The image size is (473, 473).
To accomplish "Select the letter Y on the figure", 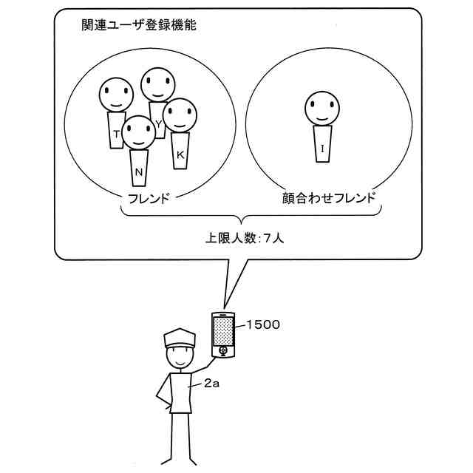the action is pyautogui.click(x=158, y=125).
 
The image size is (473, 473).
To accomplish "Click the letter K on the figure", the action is pyautogui.click(x=180, y=154).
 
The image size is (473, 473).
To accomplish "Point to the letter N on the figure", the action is pyautogui.click(x=138, y=174).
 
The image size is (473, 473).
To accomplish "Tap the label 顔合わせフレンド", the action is pyautogui.click(x=330, y=198).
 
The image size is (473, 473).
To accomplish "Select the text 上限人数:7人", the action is pyautogui.click(x=239, y=239).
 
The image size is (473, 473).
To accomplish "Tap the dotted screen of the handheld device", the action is pyautogui.click(x=223, y=330).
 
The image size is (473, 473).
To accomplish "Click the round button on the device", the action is pyautogui.click(x=223, y=350).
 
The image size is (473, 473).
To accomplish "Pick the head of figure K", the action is pyautogui.click(x=179, y=115).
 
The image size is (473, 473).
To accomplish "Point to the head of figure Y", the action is pyautogui.click(x=157, y=84).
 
